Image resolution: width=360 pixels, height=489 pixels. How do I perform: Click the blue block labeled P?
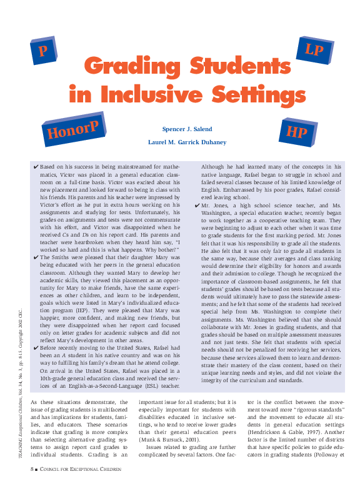click(x=44, y=51)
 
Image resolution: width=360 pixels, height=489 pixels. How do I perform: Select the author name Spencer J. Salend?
click(x=187, y=129)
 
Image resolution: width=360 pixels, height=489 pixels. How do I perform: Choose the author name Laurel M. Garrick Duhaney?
click(x=187, y=142)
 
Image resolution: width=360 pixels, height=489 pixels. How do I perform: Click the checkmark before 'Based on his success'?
click(x=36, y=168)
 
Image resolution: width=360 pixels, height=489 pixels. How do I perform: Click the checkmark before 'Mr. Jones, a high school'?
click(x=197, y=205)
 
